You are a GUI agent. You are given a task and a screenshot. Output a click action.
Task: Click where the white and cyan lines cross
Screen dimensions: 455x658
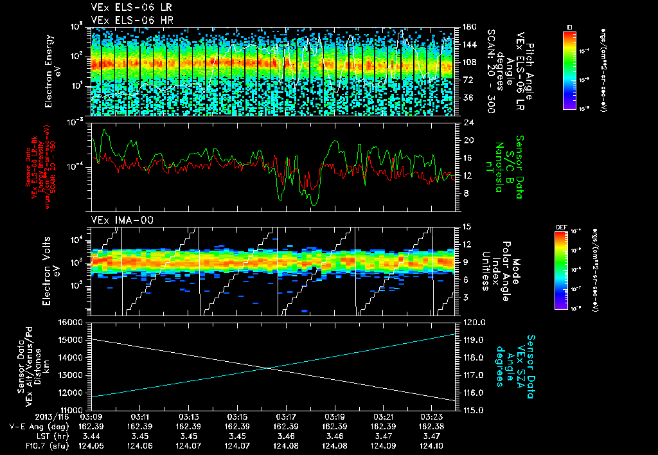point(268,368)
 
